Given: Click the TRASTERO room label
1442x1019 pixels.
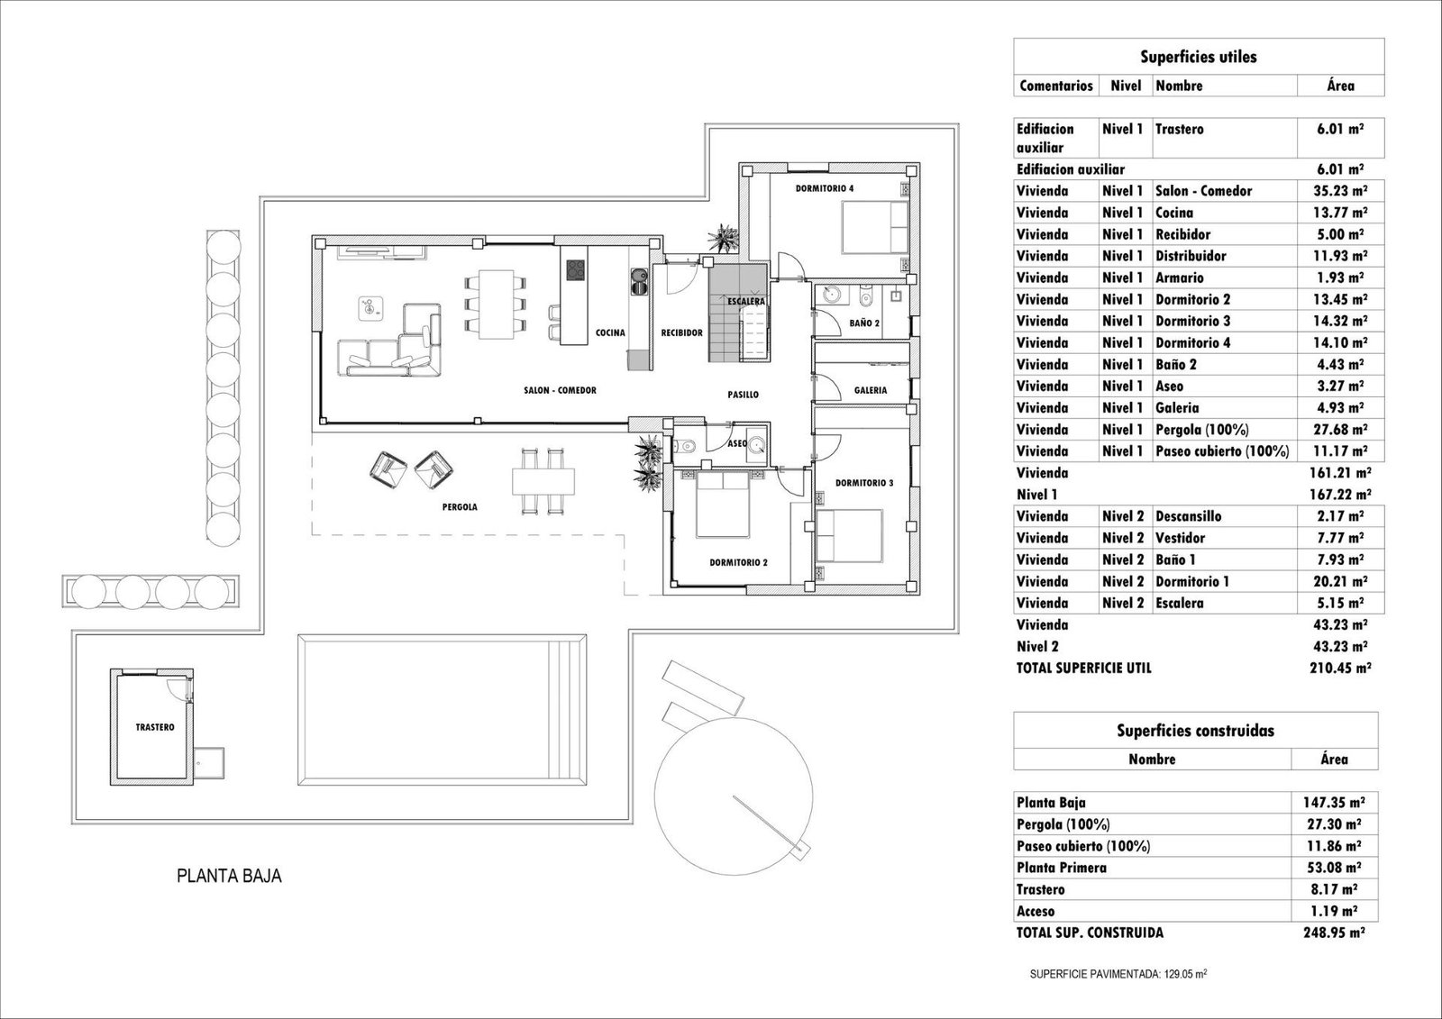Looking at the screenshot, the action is point(155,727).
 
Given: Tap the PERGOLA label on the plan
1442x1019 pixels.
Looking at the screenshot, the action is point(460,507).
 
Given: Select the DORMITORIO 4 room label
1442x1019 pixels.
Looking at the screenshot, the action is point(824,188).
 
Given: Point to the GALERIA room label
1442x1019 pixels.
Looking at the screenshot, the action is point(871,390).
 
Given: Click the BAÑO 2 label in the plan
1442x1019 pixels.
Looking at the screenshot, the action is point(864,322).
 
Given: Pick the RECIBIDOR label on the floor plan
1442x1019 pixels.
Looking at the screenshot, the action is point(681,332).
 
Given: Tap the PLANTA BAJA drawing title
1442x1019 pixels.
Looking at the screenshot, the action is point(229,876).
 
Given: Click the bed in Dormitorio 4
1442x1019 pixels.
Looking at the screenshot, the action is point(874,227).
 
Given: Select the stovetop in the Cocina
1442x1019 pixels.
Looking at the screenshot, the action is point(577,269).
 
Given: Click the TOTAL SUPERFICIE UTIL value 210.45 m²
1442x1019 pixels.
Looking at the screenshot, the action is point(1340,669).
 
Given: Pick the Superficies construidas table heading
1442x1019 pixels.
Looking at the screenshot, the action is point(1196,731).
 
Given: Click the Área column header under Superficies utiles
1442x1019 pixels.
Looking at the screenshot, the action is point(1341,86).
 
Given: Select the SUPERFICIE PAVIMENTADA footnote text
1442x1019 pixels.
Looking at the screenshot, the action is point(1118,974).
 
